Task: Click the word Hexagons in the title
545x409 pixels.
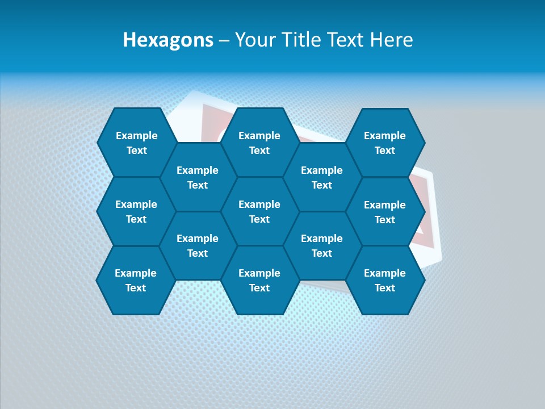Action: [168, 40]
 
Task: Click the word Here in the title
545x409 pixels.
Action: [391, 40]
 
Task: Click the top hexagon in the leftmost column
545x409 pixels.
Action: [136, 143]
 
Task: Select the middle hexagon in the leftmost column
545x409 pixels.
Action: [136, 211]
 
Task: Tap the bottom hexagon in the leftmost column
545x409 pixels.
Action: [136, 280]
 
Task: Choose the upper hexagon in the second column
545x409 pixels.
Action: [198, 177]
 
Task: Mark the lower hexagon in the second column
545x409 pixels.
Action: [198, 245]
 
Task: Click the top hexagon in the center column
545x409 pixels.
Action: [259, 143]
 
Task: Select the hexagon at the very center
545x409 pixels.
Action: [259, 211]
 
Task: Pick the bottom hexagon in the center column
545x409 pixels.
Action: [259, 280]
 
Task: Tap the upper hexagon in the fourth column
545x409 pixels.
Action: [322, 177]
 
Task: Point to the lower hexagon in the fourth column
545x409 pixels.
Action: [322, 245]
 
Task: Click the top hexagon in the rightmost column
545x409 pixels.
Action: [385, 143]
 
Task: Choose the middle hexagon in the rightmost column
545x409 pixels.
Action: [385, 212]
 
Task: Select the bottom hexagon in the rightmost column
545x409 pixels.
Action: [385, 280]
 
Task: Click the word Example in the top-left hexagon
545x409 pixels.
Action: [136, 136]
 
